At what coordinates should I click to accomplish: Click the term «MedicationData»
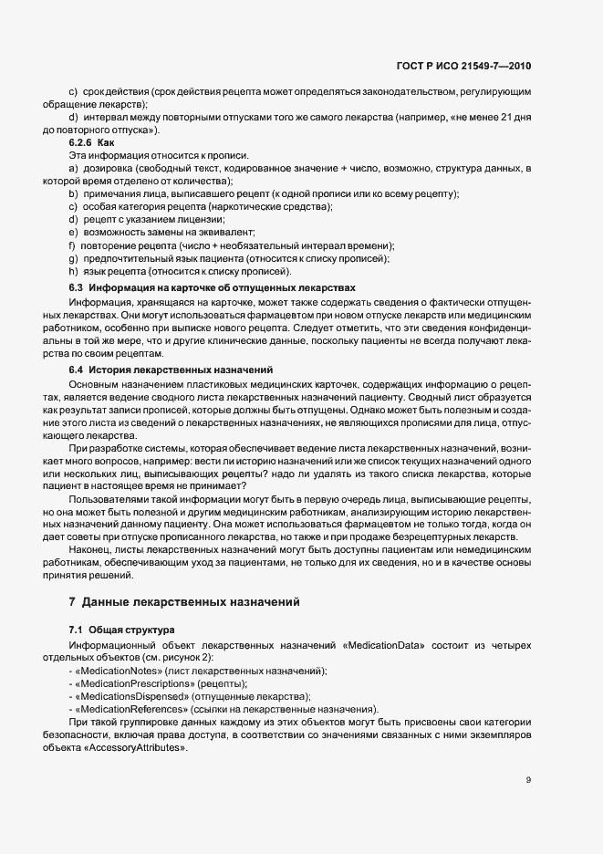coord(383,645)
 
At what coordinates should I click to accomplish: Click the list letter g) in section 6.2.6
coord(73,259)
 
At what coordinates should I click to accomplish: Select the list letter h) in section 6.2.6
coord(73,272)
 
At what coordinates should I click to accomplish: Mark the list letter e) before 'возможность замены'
coord(73,233)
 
